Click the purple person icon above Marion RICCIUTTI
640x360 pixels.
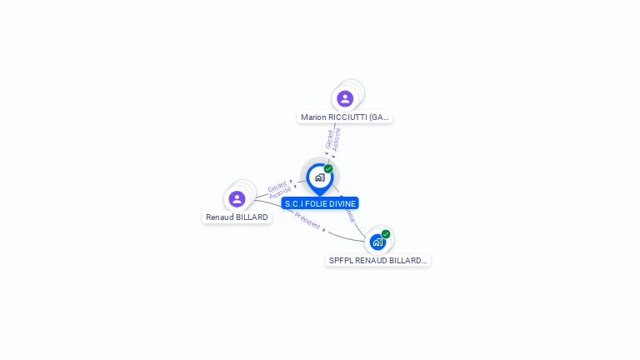(x=345, y=99)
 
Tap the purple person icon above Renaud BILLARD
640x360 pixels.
(x=237, y=198)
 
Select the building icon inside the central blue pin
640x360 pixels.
(x=319, y=177)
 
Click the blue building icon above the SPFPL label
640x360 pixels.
(x=377, y=242)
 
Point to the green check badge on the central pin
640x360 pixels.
(x=328, y=169)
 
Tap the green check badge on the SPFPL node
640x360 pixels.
(x=386, y=234)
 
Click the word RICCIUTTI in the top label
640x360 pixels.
(x=347, y=117)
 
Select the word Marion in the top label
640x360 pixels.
(x=313, y=117)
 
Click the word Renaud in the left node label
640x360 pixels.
(x=220, y=217)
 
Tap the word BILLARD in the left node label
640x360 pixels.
(x=252, y=217)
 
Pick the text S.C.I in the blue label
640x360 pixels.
(x=293, y=203)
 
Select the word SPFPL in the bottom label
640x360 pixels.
(x=341, y=261)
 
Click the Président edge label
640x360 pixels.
(x=307, y=221)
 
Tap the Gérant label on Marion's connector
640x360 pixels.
(x=330, y=138)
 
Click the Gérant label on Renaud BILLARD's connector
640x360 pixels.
(x=277, y=186)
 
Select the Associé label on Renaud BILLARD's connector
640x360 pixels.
(x=281, y=192)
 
